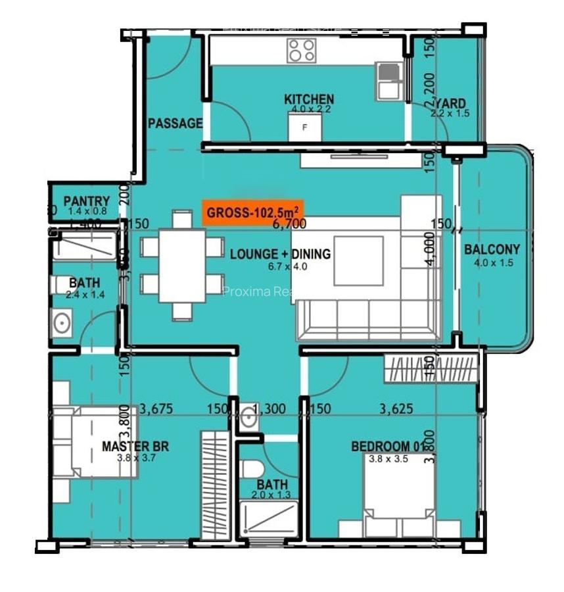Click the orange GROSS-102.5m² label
(252, 212)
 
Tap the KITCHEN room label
(308, 99)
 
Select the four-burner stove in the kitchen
(302, 50)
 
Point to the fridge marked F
(304, 127)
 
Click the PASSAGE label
(175, 123)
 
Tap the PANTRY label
(86, 201)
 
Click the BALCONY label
(492, 250)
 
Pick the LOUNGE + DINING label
(280, 255)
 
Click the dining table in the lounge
(183, 265)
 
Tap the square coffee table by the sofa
(358, 260)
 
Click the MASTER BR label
(135, 447)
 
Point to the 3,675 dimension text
(156, 409)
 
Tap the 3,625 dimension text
(396, 409)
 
